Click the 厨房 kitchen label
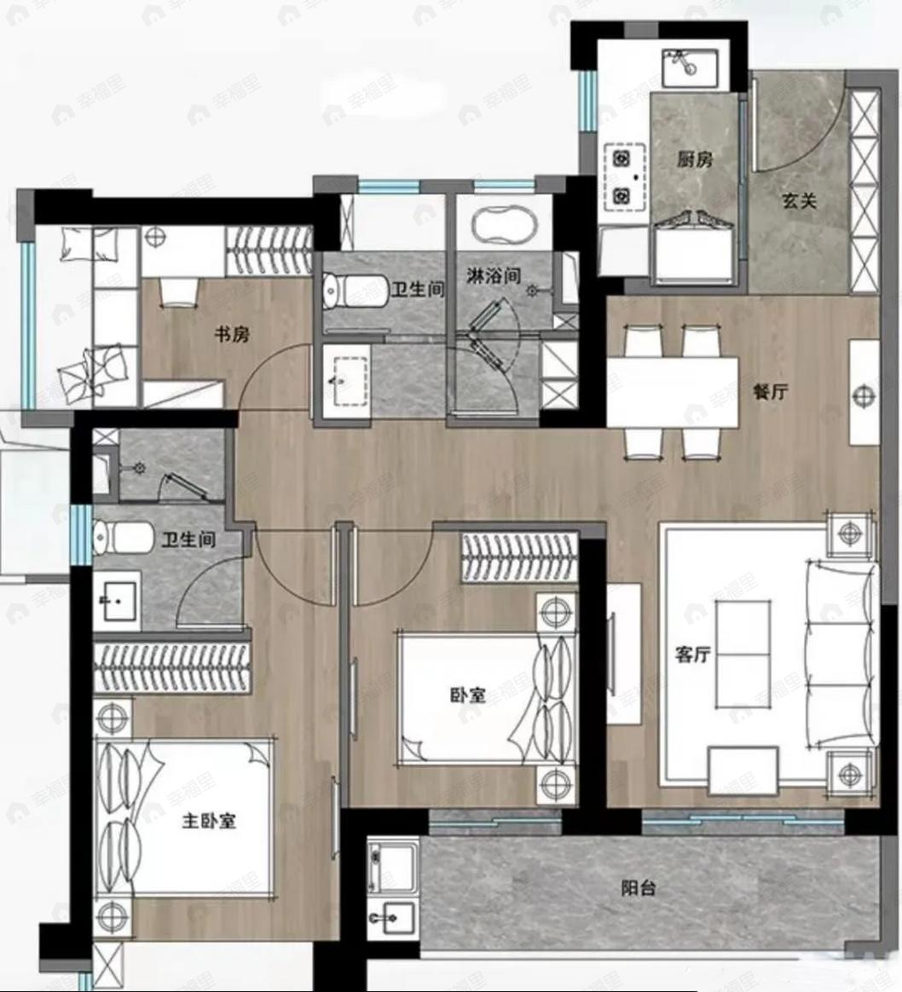pos(694,159)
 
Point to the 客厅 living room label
pos(691,655)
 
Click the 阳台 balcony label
pos(638,888)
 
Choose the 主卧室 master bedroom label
pos(208,821)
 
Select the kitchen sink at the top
pos(690,66)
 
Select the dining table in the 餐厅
pos(672,391)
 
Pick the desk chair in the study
pos(178,291)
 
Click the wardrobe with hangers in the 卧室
pos(518,557)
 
